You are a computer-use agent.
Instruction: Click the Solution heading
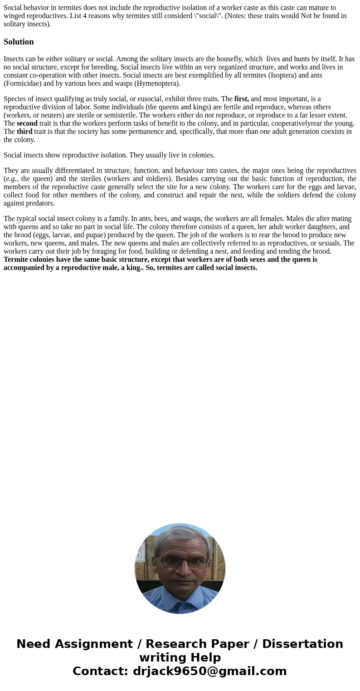[x=19, y=42]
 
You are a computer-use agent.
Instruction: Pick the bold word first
[x=241, y=98]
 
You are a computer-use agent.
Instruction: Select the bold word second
[x=27, y=123]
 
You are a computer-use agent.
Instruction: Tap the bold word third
[x=24, y=131]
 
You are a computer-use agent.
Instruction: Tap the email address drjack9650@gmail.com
[x=209, y=671]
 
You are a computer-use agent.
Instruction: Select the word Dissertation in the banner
[x=302, y=644]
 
